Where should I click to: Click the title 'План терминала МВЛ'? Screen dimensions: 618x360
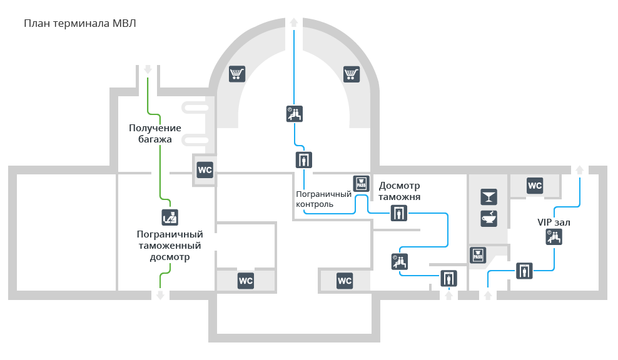[x=80, y=24]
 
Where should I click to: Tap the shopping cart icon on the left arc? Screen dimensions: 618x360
[x=237, y=74]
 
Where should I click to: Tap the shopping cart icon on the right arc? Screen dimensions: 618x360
[x=351, y=74]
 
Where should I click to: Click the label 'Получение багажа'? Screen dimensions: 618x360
[x=155, y=134]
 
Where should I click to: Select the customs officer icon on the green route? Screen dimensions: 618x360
[x=170, y=217]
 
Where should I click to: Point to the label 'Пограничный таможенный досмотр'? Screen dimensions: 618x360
[x=170, y=246]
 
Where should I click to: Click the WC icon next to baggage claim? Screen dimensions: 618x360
[x=205, y=170]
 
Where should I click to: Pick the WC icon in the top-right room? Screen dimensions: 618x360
[x=535, y=186]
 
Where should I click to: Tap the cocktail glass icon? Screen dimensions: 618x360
[x=489, y=197]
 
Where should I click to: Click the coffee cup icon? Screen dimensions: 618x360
[x=489, y=219]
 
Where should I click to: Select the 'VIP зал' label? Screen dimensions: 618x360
[x=554, y=222]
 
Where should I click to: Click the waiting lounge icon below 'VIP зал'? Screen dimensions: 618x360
[x=554, y=237]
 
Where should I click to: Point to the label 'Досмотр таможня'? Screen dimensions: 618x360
[x=399, y=191]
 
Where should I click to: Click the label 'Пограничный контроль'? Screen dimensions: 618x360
[x=323, y=199]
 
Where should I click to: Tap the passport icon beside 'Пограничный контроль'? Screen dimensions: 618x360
[x=361, y=184]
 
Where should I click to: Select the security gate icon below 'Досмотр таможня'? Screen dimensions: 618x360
[x=399, y=213]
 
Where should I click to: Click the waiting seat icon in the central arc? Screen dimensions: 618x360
[x=295, y=114]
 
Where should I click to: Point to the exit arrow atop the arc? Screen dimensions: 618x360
[x=294, y=22]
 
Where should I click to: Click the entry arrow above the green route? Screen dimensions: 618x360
[x=148, y=70]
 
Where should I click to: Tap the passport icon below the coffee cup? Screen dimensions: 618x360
[x=478, y=255]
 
